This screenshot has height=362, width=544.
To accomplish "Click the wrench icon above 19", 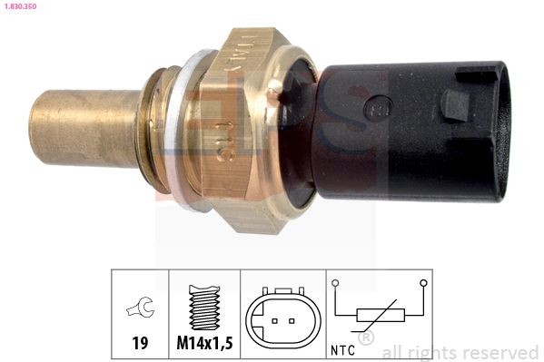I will point(141,308).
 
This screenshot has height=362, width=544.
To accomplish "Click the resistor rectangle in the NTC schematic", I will point(380,315).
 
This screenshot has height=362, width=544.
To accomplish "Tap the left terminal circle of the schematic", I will point(336,283).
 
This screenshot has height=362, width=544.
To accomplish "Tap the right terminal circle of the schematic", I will point(423,283).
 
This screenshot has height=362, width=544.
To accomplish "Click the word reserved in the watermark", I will point(500,352).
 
